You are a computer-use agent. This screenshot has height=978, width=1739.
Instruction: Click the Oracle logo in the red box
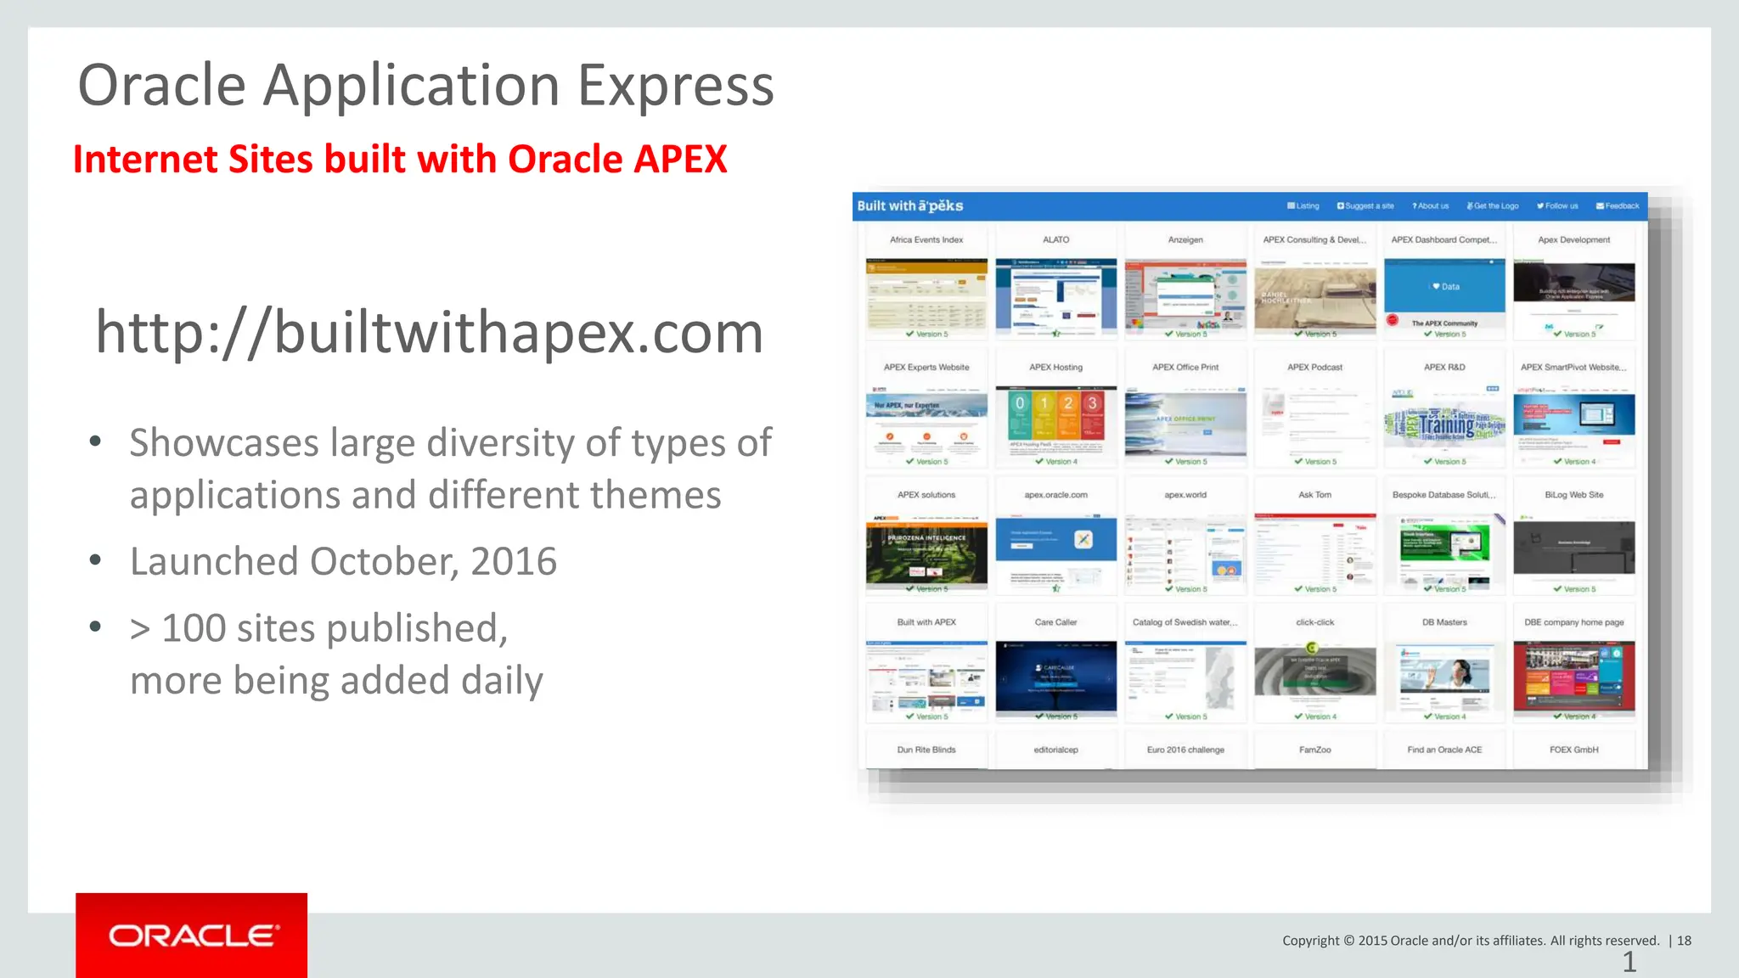pyautogui.click(x=193, y=936)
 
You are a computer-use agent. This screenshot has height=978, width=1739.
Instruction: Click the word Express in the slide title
pyautogui.click(x=675, y=87)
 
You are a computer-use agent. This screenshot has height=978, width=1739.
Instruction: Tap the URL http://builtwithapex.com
pyautogui.click(x=429, y=333)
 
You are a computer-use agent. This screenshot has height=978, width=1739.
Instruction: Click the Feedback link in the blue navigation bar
pyautogui.click(x=1618, y=206)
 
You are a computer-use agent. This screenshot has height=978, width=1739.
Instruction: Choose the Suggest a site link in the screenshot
pyautogui.click(x=1365, y=206)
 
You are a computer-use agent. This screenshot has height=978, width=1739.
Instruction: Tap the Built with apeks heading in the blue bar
pyautogui.click(x=909, y=206)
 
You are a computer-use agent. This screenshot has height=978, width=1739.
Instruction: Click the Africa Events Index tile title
pyautogui.click(x=926, y=240)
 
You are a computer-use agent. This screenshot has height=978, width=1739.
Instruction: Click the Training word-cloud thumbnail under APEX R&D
pyautogui.click(x=1444, y=421)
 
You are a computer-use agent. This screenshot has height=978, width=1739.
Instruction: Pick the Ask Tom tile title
pyautogui.click(x=1314, y=495)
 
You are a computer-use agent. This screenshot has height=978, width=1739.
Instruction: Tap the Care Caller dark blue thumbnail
pyautogui.click(x=1056, y=677)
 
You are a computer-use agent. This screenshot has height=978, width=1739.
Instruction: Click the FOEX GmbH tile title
pyautogui.click(x=1573, y=750)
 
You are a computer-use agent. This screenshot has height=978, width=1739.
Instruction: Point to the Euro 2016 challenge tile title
pyautogui.click(x=1185, y=750)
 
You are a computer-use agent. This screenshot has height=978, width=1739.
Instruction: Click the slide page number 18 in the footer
pyautogui.click(x=1684, y=941)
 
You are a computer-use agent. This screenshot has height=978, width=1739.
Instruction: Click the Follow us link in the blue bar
pyautogui.click(x=1557, y=206)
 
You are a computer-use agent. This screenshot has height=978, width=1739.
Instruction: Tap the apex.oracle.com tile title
pyautogui.click(x=1056, y=495)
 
